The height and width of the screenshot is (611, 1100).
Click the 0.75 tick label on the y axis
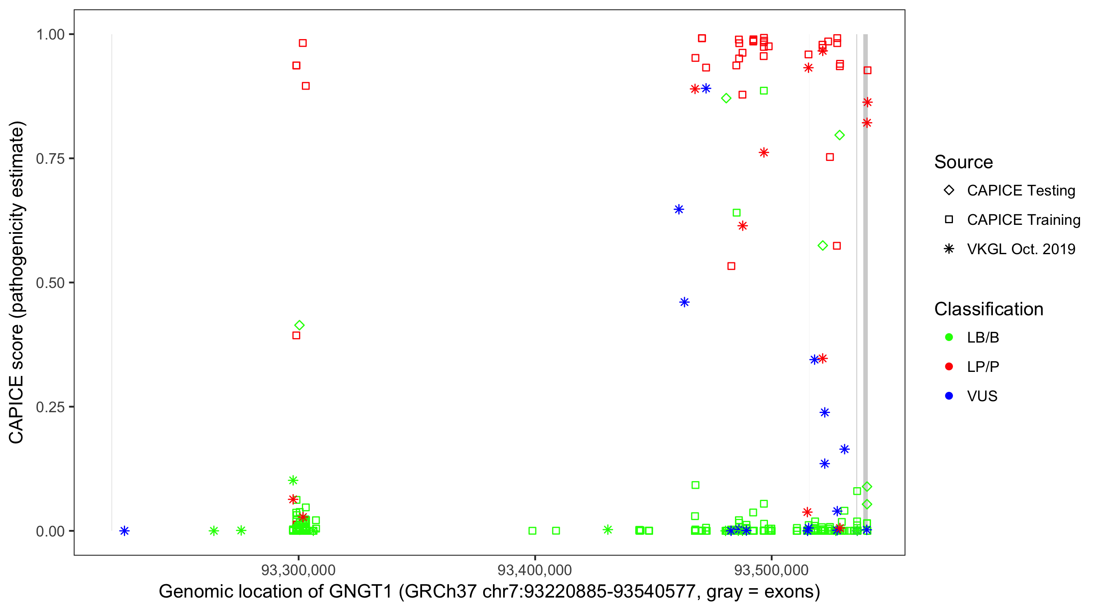(50, 158)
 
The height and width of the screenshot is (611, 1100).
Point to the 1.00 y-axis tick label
(50, 34)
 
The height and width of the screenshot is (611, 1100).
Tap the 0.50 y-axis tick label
(50, 283)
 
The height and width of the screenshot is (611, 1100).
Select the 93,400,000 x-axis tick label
(535, 569)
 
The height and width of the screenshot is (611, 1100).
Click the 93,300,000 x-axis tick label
(298, 569)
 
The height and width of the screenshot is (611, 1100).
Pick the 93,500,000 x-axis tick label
(771, 569)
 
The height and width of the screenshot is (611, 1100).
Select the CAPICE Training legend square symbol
(949, 220)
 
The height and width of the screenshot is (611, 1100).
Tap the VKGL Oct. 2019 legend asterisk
(949, 249)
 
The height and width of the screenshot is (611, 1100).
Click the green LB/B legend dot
(949, 337)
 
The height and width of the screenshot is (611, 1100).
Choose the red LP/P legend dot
(949, 367)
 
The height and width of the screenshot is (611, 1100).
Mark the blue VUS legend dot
(949, 396)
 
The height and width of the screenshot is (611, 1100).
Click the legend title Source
(964, 162)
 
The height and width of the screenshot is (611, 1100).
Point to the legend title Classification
(988, 309)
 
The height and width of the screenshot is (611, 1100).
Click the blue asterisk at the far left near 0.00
(124, 531)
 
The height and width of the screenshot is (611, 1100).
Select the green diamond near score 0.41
(299, 325)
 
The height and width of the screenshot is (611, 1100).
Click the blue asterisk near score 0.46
(684, 302)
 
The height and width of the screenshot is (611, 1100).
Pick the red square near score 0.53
(731, 266)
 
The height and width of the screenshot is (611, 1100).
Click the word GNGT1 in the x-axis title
(361, 592)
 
